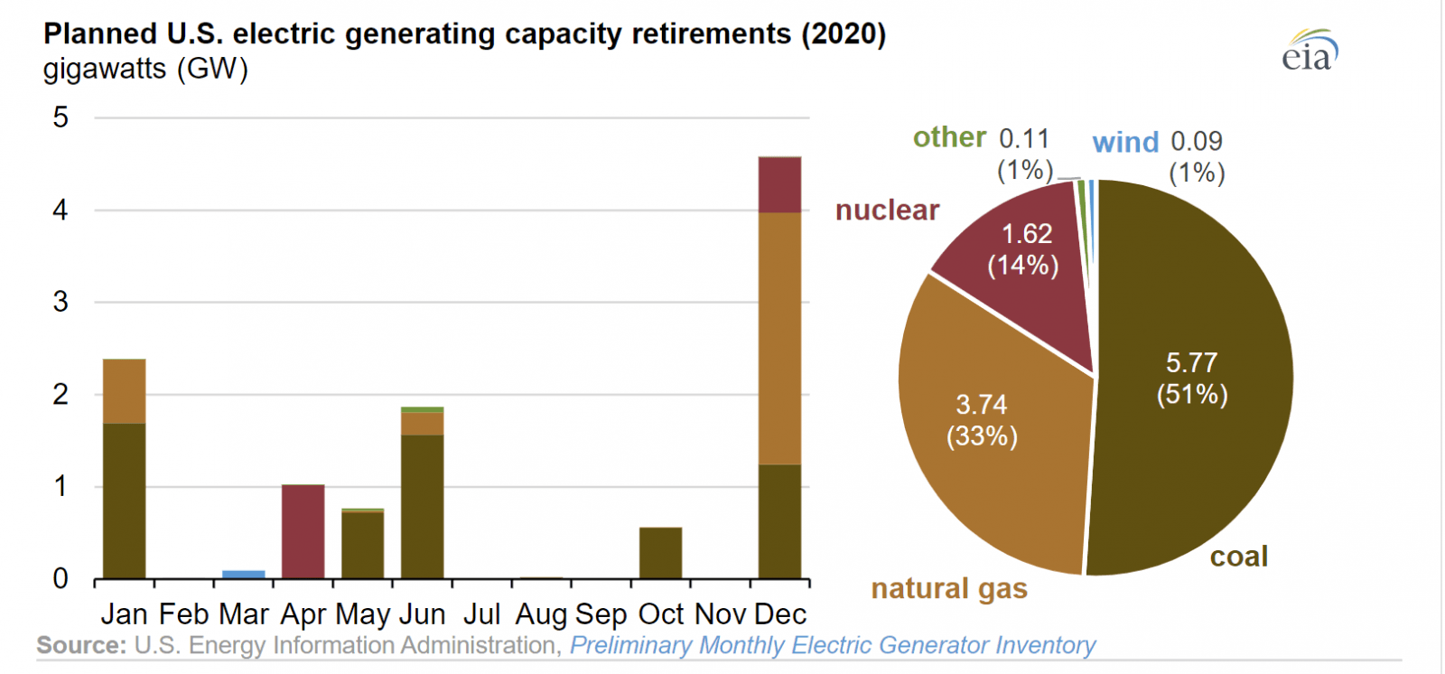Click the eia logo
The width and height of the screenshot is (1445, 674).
coord(1309,52)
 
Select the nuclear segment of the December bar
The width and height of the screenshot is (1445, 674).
coord(779,185)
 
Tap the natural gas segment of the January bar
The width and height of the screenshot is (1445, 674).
coord(125,391)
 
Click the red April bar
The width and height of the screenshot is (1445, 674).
coord(303,531)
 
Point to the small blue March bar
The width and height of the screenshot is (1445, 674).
coord(244,574)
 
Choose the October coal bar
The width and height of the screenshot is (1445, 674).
coord(660,553)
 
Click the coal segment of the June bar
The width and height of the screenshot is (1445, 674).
coord(423,506)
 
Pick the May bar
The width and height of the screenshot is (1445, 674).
coord(362,545)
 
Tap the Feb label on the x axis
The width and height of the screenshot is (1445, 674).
coord(183,614)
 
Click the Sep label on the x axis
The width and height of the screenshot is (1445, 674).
coord(601,614)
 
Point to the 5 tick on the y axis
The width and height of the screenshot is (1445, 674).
coord(61,117)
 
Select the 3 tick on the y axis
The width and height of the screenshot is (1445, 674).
coord(61,302)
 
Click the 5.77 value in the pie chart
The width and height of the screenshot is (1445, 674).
coord(1191,363)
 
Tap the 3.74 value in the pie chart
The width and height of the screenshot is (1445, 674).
coord(981,405)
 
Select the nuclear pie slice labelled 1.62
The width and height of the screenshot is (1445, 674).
coord(1026,249)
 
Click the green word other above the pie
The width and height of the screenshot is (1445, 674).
coord(949,137)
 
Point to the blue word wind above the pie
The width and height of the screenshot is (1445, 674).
coord(1124,142)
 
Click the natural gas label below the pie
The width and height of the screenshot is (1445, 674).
coord(949,589)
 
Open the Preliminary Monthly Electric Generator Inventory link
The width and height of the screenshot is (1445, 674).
coord(832,645)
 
